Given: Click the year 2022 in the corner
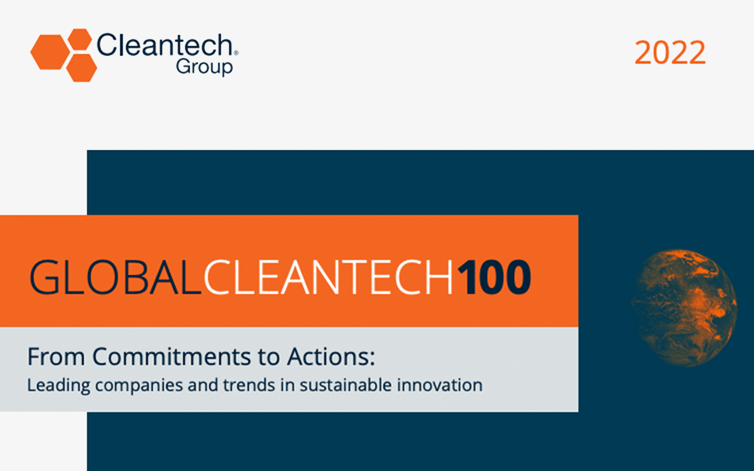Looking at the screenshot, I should coord(670,53).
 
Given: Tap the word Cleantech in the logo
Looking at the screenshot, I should coord(164,46).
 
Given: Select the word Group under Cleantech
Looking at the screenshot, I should coord(204,68).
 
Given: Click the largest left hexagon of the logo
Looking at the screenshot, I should coord(50,52).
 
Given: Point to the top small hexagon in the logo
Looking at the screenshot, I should coord(80,39).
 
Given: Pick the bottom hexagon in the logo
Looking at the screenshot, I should coord(81,68).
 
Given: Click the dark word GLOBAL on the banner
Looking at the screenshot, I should coord(115,277).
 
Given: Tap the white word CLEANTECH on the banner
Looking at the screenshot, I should coord(328,277).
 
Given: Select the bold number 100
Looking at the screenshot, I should coord(494,277).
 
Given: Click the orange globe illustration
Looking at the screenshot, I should coord(683,308).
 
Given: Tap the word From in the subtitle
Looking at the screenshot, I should coord(56,357).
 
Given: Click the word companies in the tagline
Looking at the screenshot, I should coord(139,386).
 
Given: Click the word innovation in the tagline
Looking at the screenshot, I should coord(439,385).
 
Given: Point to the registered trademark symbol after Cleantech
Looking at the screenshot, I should coord(236,53).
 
